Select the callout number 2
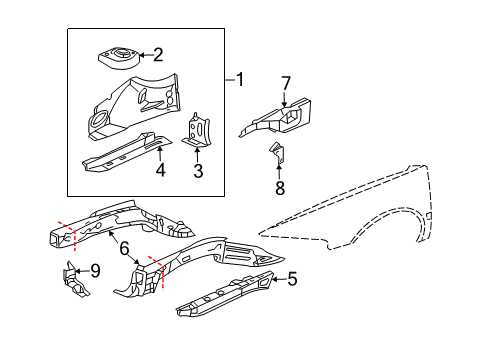(x=157, y=56)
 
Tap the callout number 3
(x=198, y=171)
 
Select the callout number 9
(x=95, y=269)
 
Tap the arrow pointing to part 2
(x=140, y=56)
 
